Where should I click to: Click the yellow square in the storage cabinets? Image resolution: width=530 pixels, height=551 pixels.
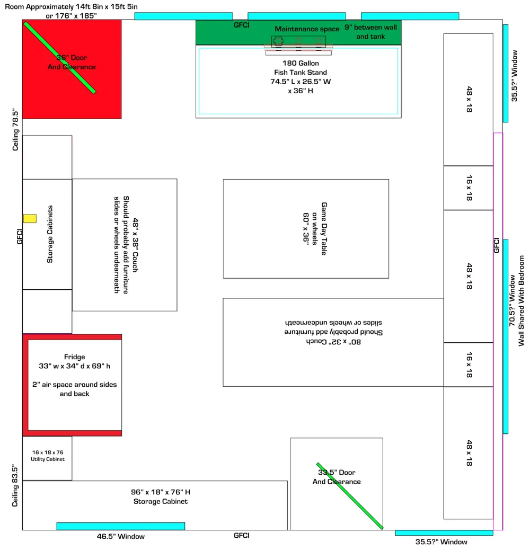point(30,219)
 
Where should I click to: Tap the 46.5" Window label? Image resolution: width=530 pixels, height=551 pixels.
point(120,537)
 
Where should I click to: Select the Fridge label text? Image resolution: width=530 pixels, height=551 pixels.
point(75,357)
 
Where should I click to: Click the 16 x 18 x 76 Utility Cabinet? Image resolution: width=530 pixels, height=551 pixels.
point(48,458)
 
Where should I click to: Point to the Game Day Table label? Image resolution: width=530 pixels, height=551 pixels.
point(324,229)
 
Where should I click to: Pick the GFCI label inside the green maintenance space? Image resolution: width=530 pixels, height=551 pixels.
point(242,25)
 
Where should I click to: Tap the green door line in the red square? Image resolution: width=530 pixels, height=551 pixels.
point(60,58)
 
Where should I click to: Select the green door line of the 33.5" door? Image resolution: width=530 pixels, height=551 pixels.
point(350,496)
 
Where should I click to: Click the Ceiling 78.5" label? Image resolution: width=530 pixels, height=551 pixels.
point(15,130)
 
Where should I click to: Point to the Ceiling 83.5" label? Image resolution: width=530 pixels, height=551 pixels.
point(15,485)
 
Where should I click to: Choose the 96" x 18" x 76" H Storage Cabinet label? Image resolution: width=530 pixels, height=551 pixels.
point(161,496)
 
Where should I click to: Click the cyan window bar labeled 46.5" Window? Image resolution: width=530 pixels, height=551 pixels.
point(120,526)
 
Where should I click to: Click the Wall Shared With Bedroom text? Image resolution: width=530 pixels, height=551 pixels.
point(521,301)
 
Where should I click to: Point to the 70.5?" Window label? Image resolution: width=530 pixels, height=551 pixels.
point(512,300)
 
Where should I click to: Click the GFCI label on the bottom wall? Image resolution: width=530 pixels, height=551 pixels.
point(242,536)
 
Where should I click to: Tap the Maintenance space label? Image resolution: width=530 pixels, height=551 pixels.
point(307,29)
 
